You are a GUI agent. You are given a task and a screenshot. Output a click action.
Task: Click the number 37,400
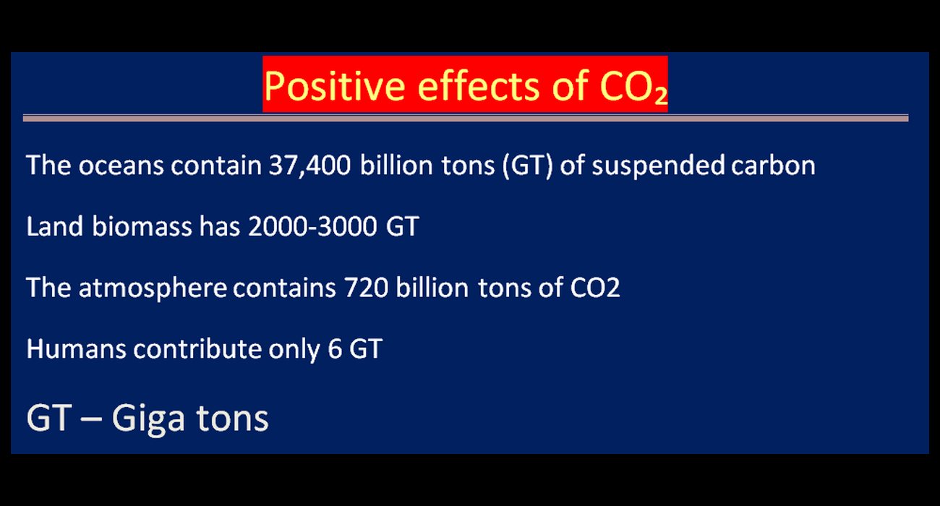(309, 166)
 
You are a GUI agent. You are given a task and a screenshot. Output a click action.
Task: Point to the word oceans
(121, 166)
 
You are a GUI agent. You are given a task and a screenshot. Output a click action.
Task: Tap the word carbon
(773, 166)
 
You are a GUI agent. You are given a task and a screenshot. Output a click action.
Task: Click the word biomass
(142, 226)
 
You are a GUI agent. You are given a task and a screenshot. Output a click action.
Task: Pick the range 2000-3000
(312, 227)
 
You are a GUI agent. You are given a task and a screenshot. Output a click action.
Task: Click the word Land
(54, 226)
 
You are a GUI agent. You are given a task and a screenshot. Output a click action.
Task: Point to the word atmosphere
(153, 288)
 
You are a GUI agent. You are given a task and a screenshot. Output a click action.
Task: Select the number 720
(366, 288)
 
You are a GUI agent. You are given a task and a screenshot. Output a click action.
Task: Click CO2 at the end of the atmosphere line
(594, 288)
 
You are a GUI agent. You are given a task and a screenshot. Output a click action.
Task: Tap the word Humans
(76, 349)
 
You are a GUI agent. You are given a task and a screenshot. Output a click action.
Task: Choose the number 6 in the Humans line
(335, 349)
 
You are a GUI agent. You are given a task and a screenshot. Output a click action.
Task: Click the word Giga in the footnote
(148, 419)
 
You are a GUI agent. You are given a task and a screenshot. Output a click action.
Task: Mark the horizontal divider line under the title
(466, 119)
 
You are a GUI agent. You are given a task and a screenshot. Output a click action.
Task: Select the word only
(294, 350)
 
